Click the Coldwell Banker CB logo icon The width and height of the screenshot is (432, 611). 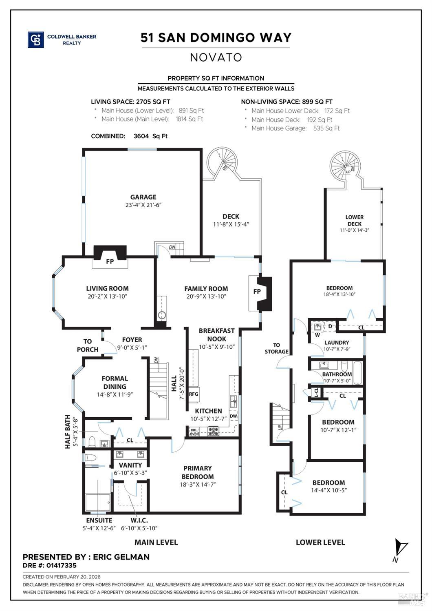[35, 40]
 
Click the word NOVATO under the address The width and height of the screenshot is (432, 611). [216, 58]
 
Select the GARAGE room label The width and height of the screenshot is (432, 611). [143, 197]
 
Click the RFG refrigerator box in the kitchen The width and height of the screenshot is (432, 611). [194, 394]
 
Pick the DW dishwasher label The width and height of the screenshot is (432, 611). [233, 416]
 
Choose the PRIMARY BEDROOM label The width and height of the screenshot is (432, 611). [198, 472]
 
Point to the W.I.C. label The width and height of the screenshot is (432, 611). [139, 520]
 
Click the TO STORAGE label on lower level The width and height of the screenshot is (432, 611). [276, 348]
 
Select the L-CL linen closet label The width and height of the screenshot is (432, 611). [316, 392]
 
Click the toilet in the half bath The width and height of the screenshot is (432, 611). [92, 442]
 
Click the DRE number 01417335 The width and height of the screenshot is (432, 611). [61, 565]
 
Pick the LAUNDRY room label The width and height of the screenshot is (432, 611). [337, 343]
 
